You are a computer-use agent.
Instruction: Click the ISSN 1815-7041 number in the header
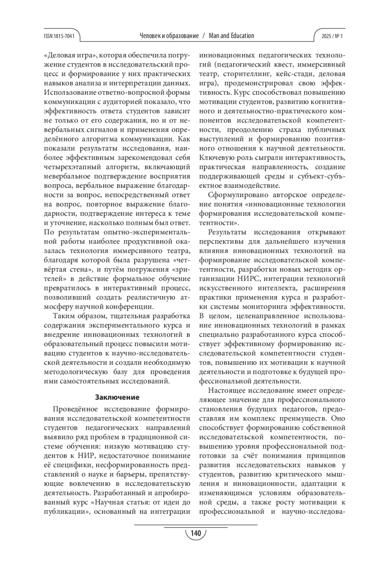(x=59, y=36)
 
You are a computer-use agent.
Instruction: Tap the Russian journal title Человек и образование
(x=169, y=36)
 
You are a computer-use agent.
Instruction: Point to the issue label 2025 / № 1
(x=332, y=36)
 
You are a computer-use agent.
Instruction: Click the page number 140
(x=195, y=534)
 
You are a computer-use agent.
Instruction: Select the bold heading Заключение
(x=117, y=397)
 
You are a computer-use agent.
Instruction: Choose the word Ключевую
(x=214, y=158)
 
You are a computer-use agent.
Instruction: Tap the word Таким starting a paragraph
(x=62, y=316)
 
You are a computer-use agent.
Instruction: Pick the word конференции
(x=129, y=307)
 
